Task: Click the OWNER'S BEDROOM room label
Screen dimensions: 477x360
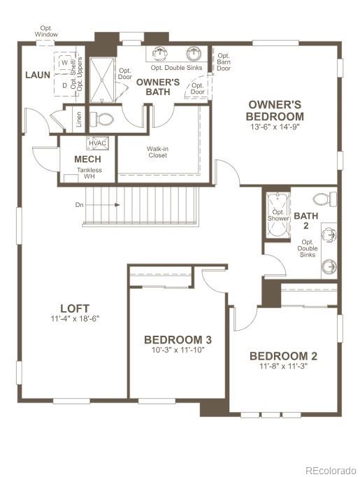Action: pyautogui.click(x=275, y=111)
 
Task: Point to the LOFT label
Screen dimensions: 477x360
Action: pyautogui.click(x=75, y=308)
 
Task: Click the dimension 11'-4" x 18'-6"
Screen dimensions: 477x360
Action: pyautogui.click(x=75, y=319)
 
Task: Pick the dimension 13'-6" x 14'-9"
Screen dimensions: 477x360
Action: pyautogui.click(x=275, y=128)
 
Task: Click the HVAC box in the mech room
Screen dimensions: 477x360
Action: pyautogui.click(x=96, y=143)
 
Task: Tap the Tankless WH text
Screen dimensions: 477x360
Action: pyautogui.click(x=89, y=173)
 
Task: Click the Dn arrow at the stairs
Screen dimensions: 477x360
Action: pyautogui.click(x=98, y=205)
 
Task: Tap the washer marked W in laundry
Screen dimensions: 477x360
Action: pyautogui.click(x=64, y=62)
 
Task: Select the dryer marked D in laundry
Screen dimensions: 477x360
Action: pyautogui.click(x=64, y=85)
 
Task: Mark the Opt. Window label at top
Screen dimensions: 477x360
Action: pyautogui.click(x=48, y=31)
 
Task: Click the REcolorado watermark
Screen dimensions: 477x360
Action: pyautogui.click(x=331, y=470)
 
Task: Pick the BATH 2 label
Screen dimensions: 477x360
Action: pyautogui.click(x=305, y=220)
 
